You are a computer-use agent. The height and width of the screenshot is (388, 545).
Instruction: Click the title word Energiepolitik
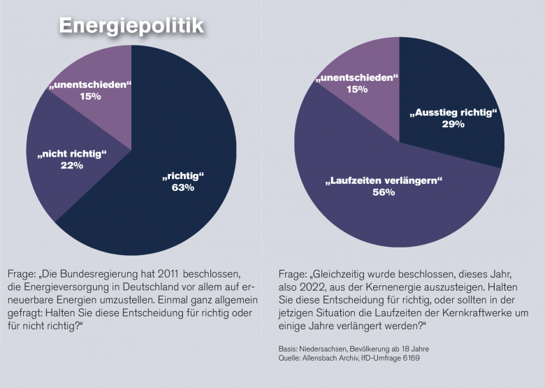pyautogui.click(x=131, y=26)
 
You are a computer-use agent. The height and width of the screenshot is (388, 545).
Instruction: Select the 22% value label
pyautogui.click(x=72, y=165)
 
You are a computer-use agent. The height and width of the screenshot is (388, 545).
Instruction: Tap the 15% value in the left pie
pyautogui.click(x=90, y=96)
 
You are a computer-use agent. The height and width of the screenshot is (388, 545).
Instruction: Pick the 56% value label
pyautogui.click(x=384, y=192)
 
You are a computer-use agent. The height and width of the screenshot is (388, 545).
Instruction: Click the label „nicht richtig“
pyautogui.click(x=72, y=153)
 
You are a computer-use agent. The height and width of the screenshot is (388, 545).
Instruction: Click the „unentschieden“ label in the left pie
pyautogui.click(x=90, y=85)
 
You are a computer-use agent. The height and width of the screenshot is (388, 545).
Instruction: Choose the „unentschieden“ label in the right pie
pyautogui.click(x=356, y=78)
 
